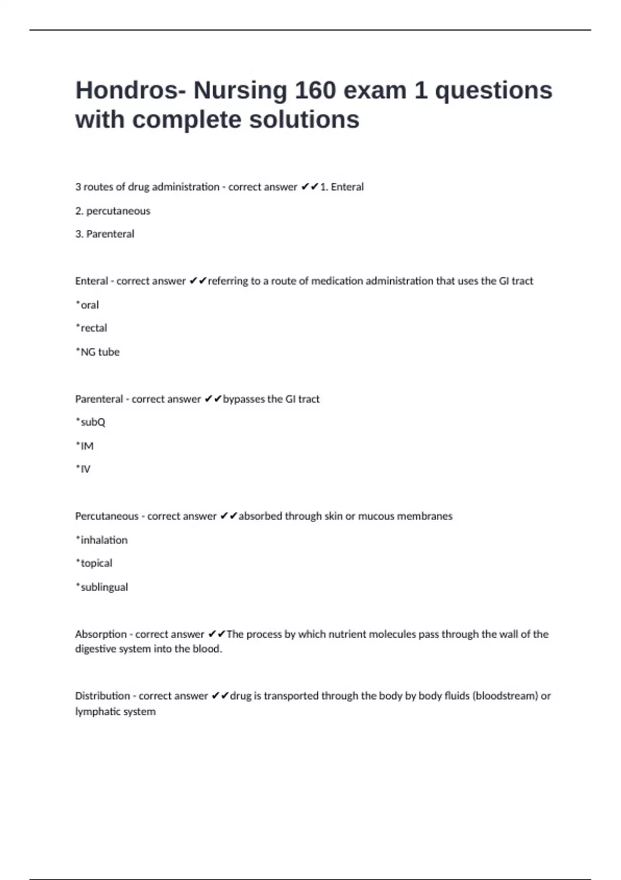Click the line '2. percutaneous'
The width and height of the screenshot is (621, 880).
coord(113,211)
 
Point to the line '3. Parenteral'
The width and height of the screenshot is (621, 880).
coord(105,234)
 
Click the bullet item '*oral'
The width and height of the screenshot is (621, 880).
coord(87,305)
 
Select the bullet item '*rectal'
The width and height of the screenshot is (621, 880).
coord(92,328)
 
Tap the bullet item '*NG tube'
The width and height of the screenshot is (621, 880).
coord(98,352)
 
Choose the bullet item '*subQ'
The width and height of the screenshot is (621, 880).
coord(91,422)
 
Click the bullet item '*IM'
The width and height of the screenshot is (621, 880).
coord(85,446)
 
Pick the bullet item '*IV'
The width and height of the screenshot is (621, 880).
coord(83,469)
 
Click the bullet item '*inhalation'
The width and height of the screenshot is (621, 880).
coord(102,540)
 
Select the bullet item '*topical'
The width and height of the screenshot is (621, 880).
coord(94,563)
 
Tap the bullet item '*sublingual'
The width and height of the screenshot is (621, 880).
coord(102,587)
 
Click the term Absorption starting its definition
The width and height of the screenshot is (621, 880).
coord(101,634)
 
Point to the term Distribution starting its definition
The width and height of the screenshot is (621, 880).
coord(102,696)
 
